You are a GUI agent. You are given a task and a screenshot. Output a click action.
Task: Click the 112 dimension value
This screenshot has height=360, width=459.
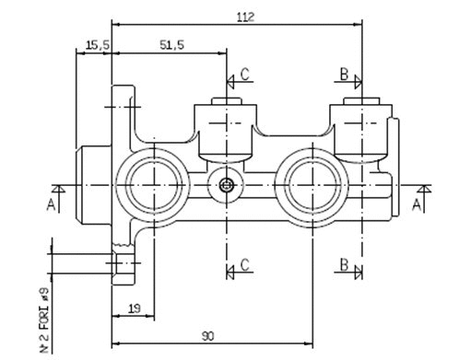point(244,16)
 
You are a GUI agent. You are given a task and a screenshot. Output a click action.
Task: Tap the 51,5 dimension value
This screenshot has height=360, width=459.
point(171,44)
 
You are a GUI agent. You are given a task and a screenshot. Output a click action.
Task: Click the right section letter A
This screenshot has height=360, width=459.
point(418,203)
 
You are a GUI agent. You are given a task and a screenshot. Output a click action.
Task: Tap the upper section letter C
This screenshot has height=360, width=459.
point(244,73)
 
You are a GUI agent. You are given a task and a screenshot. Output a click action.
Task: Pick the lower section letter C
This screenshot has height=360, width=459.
point(244,265)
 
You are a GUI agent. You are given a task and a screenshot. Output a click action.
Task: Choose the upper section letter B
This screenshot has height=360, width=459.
point(342,73)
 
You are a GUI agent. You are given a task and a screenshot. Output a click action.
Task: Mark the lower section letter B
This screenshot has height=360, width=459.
point(342,265)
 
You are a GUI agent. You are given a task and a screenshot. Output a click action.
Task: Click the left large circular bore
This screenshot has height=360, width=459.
point(152,185)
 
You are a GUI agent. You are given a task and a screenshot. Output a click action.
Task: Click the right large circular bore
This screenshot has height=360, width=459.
point(314,185)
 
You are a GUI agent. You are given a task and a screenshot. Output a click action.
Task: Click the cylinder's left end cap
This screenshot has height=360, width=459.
point(92,185)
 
